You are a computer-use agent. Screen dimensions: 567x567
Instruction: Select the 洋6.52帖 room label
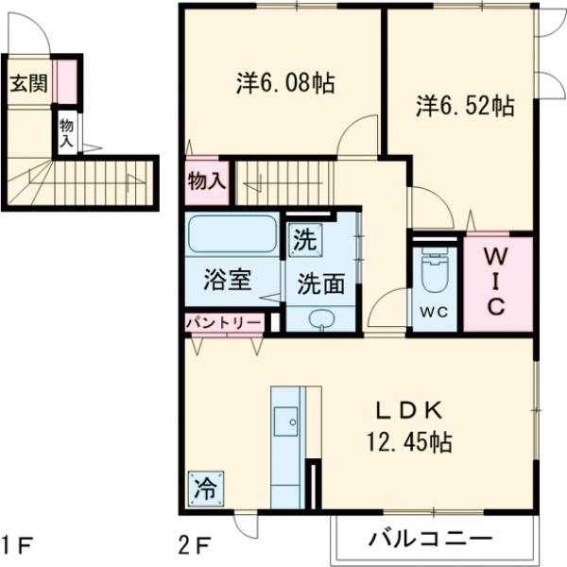point(464,106)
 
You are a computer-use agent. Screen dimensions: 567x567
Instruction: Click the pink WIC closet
point(497,283)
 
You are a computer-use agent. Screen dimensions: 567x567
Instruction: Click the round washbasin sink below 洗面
point(321,318)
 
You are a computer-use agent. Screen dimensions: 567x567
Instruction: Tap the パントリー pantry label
point(224,321)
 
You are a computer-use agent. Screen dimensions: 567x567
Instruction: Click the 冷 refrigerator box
point(204,489)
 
